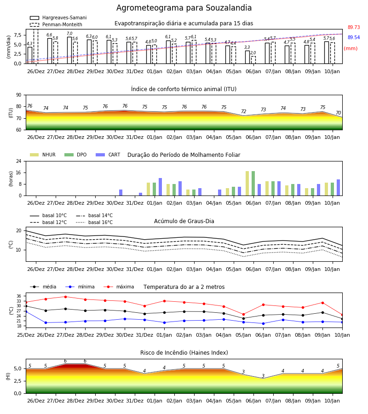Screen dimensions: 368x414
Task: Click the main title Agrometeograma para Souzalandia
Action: coord(184,8)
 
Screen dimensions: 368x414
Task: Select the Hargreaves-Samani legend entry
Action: coord(58,17)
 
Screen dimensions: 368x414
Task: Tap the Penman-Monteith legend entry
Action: coord(56,24)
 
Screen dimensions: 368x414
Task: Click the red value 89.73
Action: coord(354,27)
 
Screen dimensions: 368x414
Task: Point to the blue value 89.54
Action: coord(354,38)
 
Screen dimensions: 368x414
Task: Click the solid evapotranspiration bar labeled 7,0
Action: coord(69,50)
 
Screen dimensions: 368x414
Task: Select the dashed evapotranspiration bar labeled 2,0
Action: coord(253,60)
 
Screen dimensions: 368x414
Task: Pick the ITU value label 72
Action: coord(243,111)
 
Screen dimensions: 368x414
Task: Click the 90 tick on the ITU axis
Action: coord(19,95)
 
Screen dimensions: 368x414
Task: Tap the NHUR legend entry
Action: coord(42,155)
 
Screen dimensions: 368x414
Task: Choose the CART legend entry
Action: coord(108,155)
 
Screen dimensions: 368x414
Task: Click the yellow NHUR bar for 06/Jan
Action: coord(247,184)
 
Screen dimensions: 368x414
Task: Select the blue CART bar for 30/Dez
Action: coord(121,193)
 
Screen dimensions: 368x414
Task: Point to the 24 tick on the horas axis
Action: coord(19,161)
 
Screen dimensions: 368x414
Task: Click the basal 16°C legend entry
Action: coord(94,222)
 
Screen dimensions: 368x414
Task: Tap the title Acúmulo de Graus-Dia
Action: coord(184,221)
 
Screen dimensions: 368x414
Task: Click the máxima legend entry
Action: coord(119,287)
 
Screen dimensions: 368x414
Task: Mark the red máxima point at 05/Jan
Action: coord(243,315)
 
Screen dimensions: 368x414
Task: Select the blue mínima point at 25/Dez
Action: coord(26,312)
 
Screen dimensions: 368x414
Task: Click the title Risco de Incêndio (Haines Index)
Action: coord(184,353)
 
